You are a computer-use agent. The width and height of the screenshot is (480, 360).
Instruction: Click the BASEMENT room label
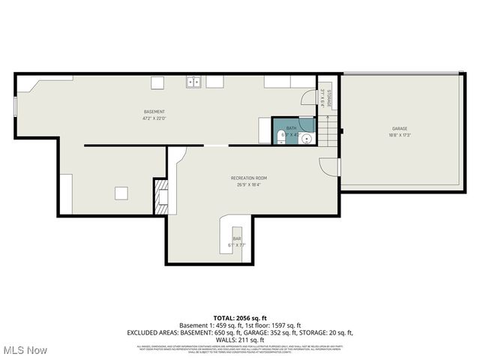(x=154, y=112)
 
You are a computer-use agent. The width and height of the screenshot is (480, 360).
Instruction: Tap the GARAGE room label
(x=399, y=128)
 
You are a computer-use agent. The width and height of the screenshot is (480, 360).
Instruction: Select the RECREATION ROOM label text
(x=248, y=178)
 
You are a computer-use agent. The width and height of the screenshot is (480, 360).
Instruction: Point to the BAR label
(x=236, y=238)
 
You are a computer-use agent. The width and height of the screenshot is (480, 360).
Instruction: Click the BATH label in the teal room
(x=289, y=128)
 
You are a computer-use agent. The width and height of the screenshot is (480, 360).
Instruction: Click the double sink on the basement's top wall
(x=193, y=82)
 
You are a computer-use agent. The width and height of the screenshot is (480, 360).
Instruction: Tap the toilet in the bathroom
(x=280, y=136)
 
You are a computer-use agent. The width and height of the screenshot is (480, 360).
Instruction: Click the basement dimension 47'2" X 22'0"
(x=154, y=118)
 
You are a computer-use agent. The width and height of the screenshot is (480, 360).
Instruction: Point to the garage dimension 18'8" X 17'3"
(x=399, y=135)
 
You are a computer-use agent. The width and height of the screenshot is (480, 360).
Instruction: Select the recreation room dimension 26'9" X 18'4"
(x=248, y=184)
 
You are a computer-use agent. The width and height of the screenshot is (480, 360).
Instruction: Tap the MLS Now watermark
(x=24, y=350)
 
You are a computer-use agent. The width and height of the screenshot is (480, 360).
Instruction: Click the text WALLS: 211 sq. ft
(x=240, y=338)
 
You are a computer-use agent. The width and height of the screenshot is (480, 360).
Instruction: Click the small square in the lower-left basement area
(x=121, y=193)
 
